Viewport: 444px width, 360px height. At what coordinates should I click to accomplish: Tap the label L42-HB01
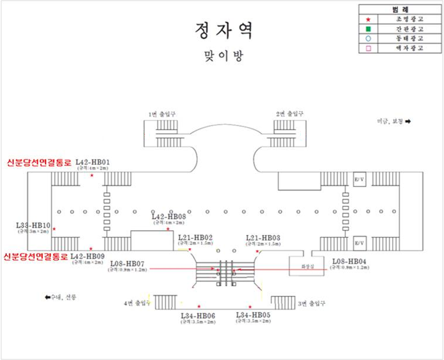[94, 162]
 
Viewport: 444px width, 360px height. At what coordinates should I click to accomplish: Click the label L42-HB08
[168, 216]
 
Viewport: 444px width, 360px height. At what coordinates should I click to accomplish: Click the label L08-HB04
[350, 261]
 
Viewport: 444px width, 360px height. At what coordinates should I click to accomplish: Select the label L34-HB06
[198, 316]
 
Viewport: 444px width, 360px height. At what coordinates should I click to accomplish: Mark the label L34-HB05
[253, 315]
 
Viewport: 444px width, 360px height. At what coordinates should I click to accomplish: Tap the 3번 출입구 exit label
[311, 303]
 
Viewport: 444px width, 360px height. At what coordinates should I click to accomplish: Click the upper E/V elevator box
[358, 178]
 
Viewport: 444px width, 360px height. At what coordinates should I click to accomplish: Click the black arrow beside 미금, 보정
[407, 121]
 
